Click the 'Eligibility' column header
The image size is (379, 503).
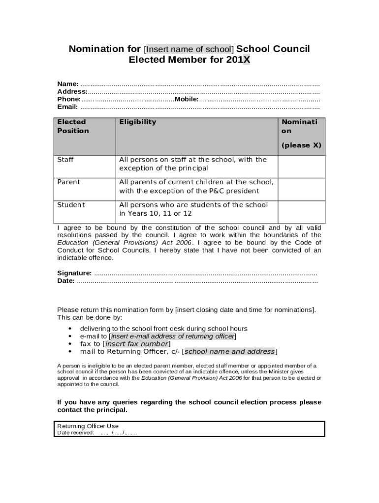point(137,122)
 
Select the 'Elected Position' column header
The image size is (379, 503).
point(73,126)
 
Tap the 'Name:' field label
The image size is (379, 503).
point(68,84)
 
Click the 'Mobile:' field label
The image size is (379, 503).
point(187,99)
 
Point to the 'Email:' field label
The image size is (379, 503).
point(68,107)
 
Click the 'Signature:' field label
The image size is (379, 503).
point(74,273)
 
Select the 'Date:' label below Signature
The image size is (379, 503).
point(66,281)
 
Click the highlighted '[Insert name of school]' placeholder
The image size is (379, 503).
point(189,49)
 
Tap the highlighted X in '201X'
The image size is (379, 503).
point(246,60)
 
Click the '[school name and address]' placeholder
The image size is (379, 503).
point(229,351)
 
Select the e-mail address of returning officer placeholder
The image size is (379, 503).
point(172,336)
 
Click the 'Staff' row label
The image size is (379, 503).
point(65,160)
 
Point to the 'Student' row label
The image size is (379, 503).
point(71,205)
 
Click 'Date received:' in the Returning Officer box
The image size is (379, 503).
point(75,433)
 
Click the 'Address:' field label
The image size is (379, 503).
point(72,91)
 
